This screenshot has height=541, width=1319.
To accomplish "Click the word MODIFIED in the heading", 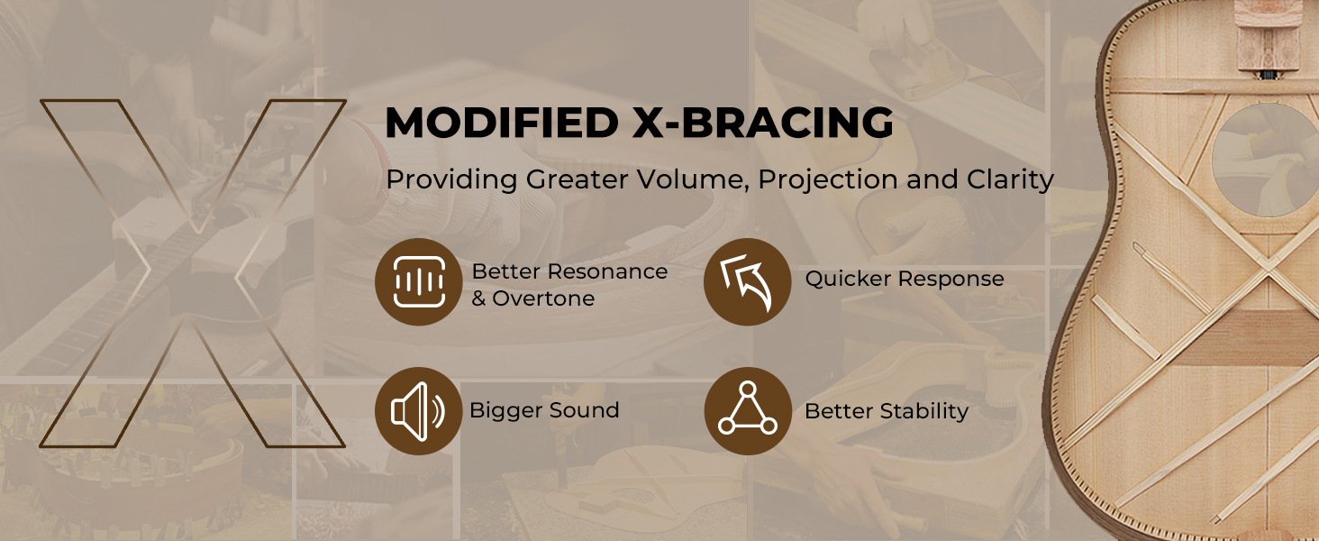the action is (502, 123).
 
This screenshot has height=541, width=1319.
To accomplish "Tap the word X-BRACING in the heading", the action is (764, 123).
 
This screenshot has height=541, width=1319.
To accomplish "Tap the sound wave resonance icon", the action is (419, 281).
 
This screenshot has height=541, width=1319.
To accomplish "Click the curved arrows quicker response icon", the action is (747, 281).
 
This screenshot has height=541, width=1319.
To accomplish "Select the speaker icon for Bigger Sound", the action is (419, 411).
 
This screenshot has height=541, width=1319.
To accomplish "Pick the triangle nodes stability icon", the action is (748, 411).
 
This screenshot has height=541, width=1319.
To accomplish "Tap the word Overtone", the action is (543, 298).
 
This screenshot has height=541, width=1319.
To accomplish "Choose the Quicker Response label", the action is (905, 279).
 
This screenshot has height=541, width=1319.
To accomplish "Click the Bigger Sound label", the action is (544, 410).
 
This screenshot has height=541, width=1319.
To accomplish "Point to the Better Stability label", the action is (887, 411).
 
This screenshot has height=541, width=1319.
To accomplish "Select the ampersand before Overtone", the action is (478, 298).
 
